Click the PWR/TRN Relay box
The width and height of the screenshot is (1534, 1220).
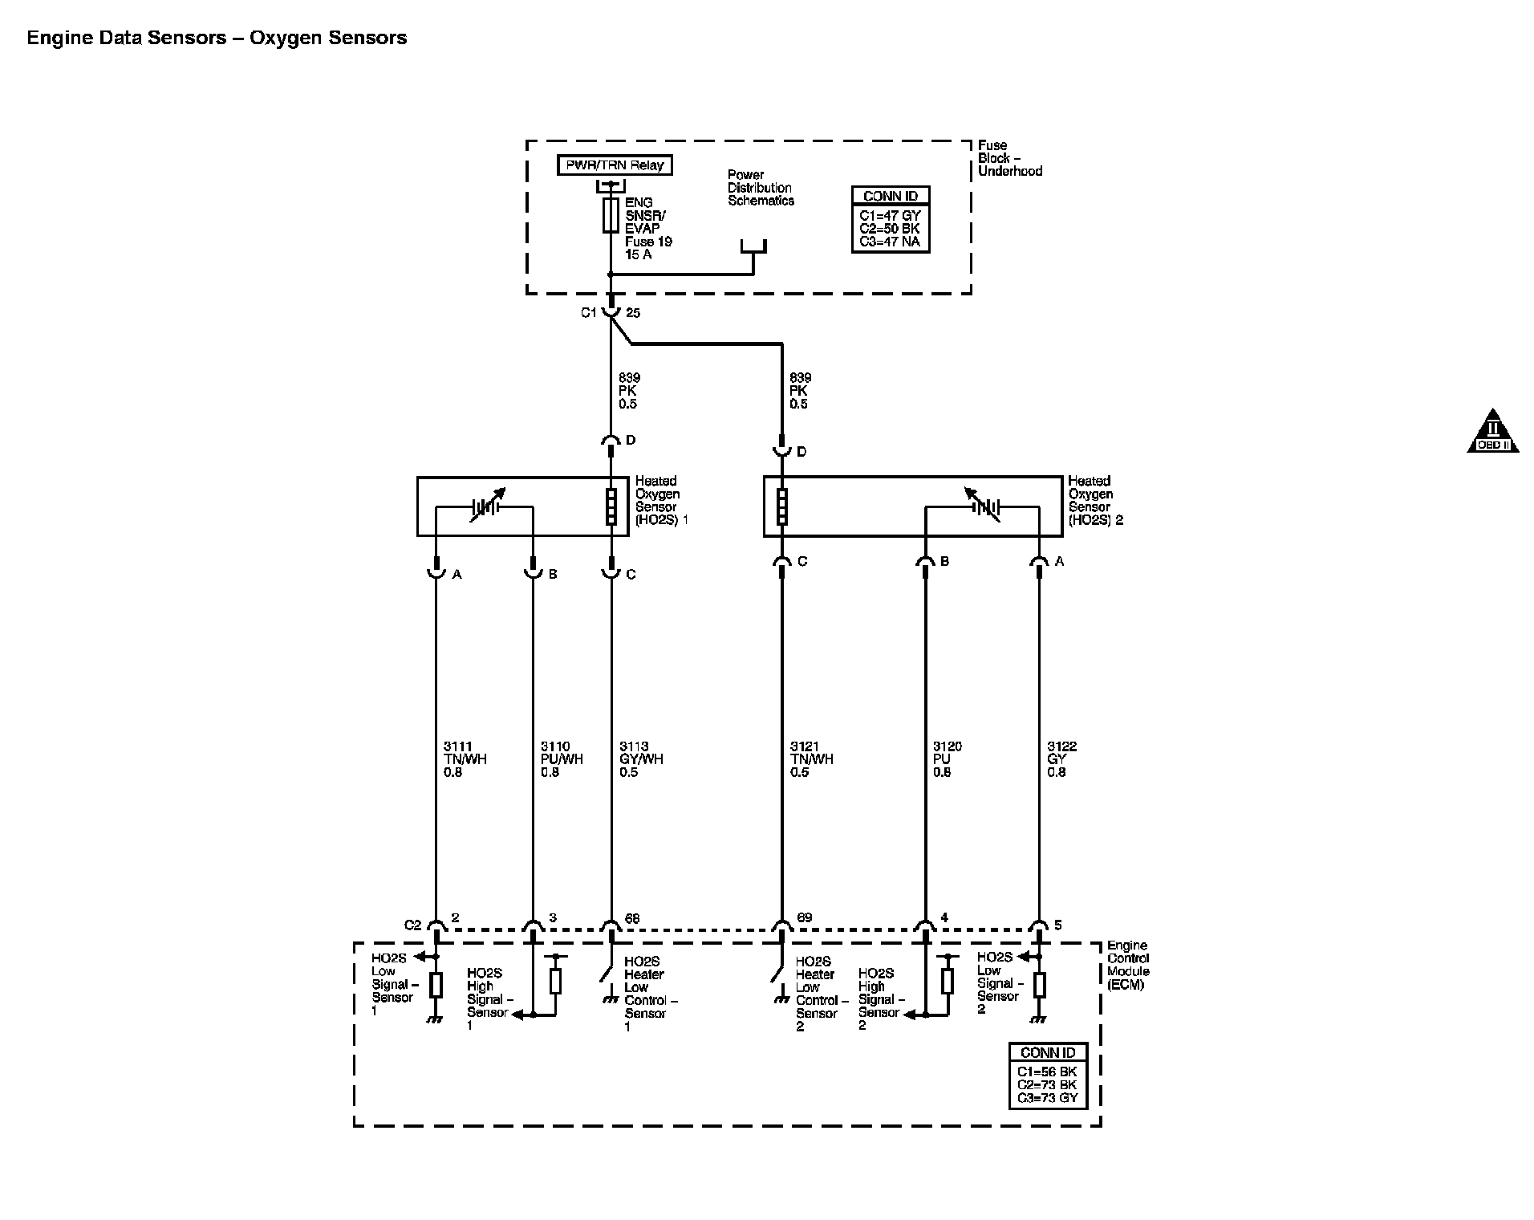click(x=615, y=165)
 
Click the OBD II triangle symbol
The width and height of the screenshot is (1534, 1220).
click(x=1492, y=433)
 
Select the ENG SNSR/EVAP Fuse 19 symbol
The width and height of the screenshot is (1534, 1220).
click(x=611, y=216)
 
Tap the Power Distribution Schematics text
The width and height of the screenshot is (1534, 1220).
click(x=761, y=188)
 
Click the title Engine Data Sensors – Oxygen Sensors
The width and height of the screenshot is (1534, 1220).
click(x=217, y=38)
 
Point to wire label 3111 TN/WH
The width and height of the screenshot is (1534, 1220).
click(x=465, y=759)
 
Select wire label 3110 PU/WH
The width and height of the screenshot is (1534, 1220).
click(x=562, y=759)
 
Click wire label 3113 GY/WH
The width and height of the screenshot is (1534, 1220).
click(x=641, y=759)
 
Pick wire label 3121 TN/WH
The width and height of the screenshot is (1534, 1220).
click(x=811, y=759)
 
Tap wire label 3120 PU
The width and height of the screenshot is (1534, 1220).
click(x=947, y=759)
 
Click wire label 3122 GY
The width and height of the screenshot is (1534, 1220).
click(x=1061, y=759)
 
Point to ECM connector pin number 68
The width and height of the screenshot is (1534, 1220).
click(x=632, y=919)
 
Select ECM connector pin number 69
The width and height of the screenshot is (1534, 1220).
click(x=804, y=919)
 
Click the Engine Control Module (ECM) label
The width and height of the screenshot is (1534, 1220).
click(x=1127, y=965)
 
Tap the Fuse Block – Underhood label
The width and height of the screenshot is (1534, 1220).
click(x=1009, y=158)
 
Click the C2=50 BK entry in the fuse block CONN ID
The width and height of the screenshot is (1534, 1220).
click(x=890, y=229)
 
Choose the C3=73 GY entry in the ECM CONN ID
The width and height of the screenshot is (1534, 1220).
click(x=1047, y=1098)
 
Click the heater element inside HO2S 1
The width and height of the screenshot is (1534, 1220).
click(x=611, y=506)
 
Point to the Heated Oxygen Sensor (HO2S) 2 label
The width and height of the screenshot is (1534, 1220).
click(x=1094, y=500)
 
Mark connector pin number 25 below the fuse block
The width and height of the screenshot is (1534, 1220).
click(x=632, y=313)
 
